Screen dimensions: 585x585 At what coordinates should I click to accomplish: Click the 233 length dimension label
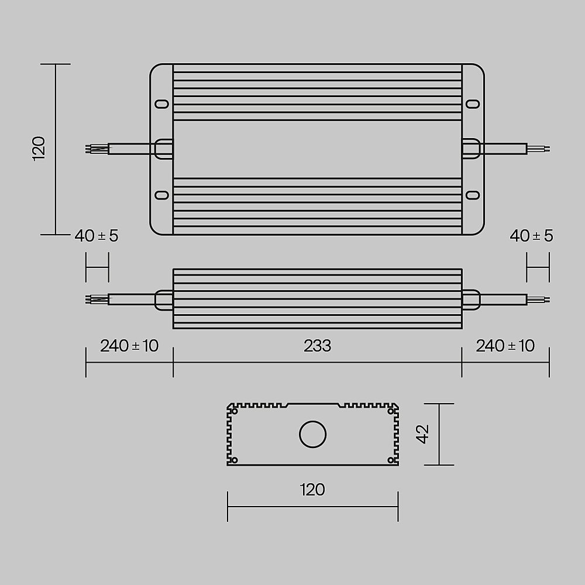(317, 346)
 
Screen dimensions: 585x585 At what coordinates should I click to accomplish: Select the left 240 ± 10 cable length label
(129, 346)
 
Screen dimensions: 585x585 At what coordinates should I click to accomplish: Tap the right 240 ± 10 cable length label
(505, 346)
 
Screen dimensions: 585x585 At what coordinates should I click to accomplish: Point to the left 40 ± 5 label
(97, 236)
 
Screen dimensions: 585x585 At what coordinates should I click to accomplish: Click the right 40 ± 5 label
(531, 236)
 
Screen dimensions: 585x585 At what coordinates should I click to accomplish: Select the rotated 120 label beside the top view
(39, 149)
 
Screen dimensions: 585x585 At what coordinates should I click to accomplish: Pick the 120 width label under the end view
(312, 489)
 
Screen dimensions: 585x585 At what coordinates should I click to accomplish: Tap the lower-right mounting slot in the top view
(472, 195)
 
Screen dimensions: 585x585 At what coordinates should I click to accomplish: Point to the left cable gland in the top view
(163, 149)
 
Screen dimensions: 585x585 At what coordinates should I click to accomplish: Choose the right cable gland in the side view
(471, 300)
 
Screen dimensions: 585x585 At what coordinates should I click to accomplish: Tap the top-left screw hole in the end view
(235, 411)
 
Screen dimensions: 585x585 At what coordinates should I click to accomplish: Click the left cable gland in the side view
(163, 300)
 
